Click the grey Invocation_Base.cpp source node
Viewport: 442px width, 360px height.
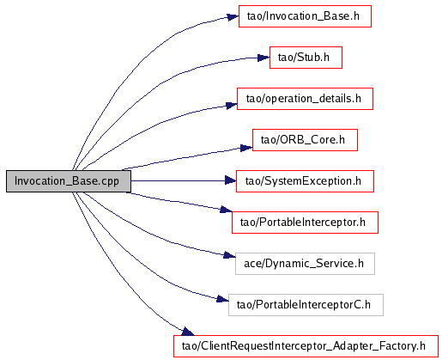click(69, 181)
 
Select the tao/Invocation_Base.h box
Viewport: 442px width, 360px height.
click(305, 16)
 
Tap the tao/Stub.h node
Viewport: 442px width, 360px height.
click(306, 58)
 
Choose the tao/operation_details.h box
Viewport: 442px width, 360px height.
click(305, 99)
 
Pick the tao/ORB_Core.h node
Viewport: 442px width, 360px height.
click(305, 140)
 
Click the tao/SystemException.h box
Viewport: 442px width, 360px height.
click(305, 181)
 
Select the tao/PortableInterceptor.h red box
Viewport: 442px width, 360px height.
click(305, 223)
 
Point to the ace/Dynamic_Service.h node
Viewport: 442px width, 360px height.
click(305, 264)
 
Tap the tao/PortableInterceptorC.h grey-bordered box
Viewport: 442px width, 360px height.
click(306, 305)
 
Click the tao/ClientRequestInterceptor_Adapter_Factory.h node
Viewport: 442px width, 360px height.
click(306, 346)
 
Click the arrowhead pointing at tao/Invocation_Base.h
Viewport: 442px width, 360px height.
click(233, 17)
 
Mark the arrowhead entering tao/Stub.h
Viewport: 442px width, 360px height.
click(263, 58)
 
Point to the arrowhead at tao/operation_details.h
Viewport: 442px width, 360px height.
click(232, 105)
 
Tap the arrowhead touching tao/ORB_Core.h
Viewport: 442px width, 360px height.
click(246, 148)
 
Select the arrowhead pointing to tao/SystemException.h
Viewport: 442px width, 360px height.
click(231, 180)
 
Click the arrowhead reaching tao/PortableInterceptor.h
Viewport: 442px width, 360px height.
click(226, 210)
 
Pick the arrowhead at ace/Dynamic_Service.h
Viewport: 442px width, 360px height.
click(229, 255)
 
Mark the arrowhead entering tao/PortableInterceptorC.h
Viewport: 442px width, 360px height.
click(222, 299)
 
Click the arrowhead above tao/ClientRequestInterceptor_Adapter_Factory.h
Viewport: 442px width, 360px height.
click(188, 332)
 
